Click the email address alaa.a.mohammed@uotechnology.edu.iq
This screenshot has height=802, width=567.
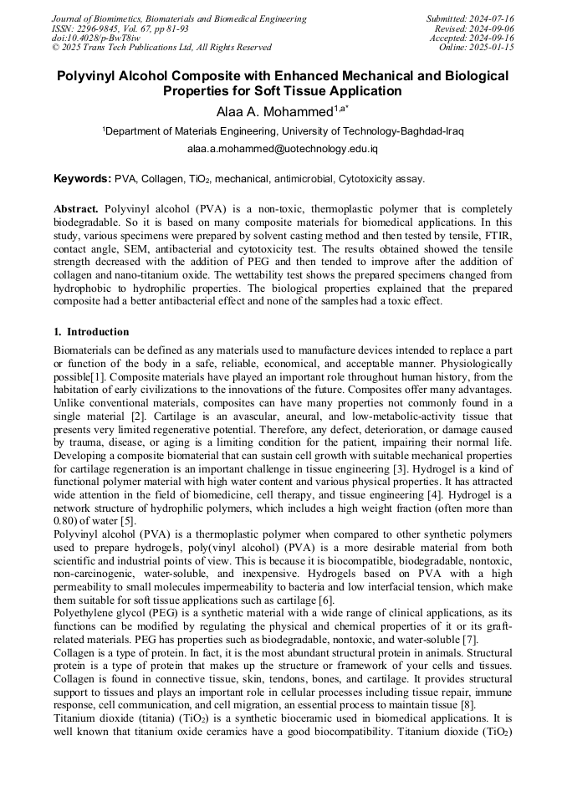coord(283,149)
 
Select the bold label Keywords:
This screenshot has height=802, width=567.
coord(83,178)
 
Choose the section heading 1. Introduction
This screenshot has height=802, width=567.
coord(91,332)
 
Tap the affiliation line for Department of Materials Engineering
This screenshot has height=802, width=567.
coord(283,131)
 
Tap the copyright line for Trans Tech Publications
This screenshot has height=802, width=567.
coord(161,48)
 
